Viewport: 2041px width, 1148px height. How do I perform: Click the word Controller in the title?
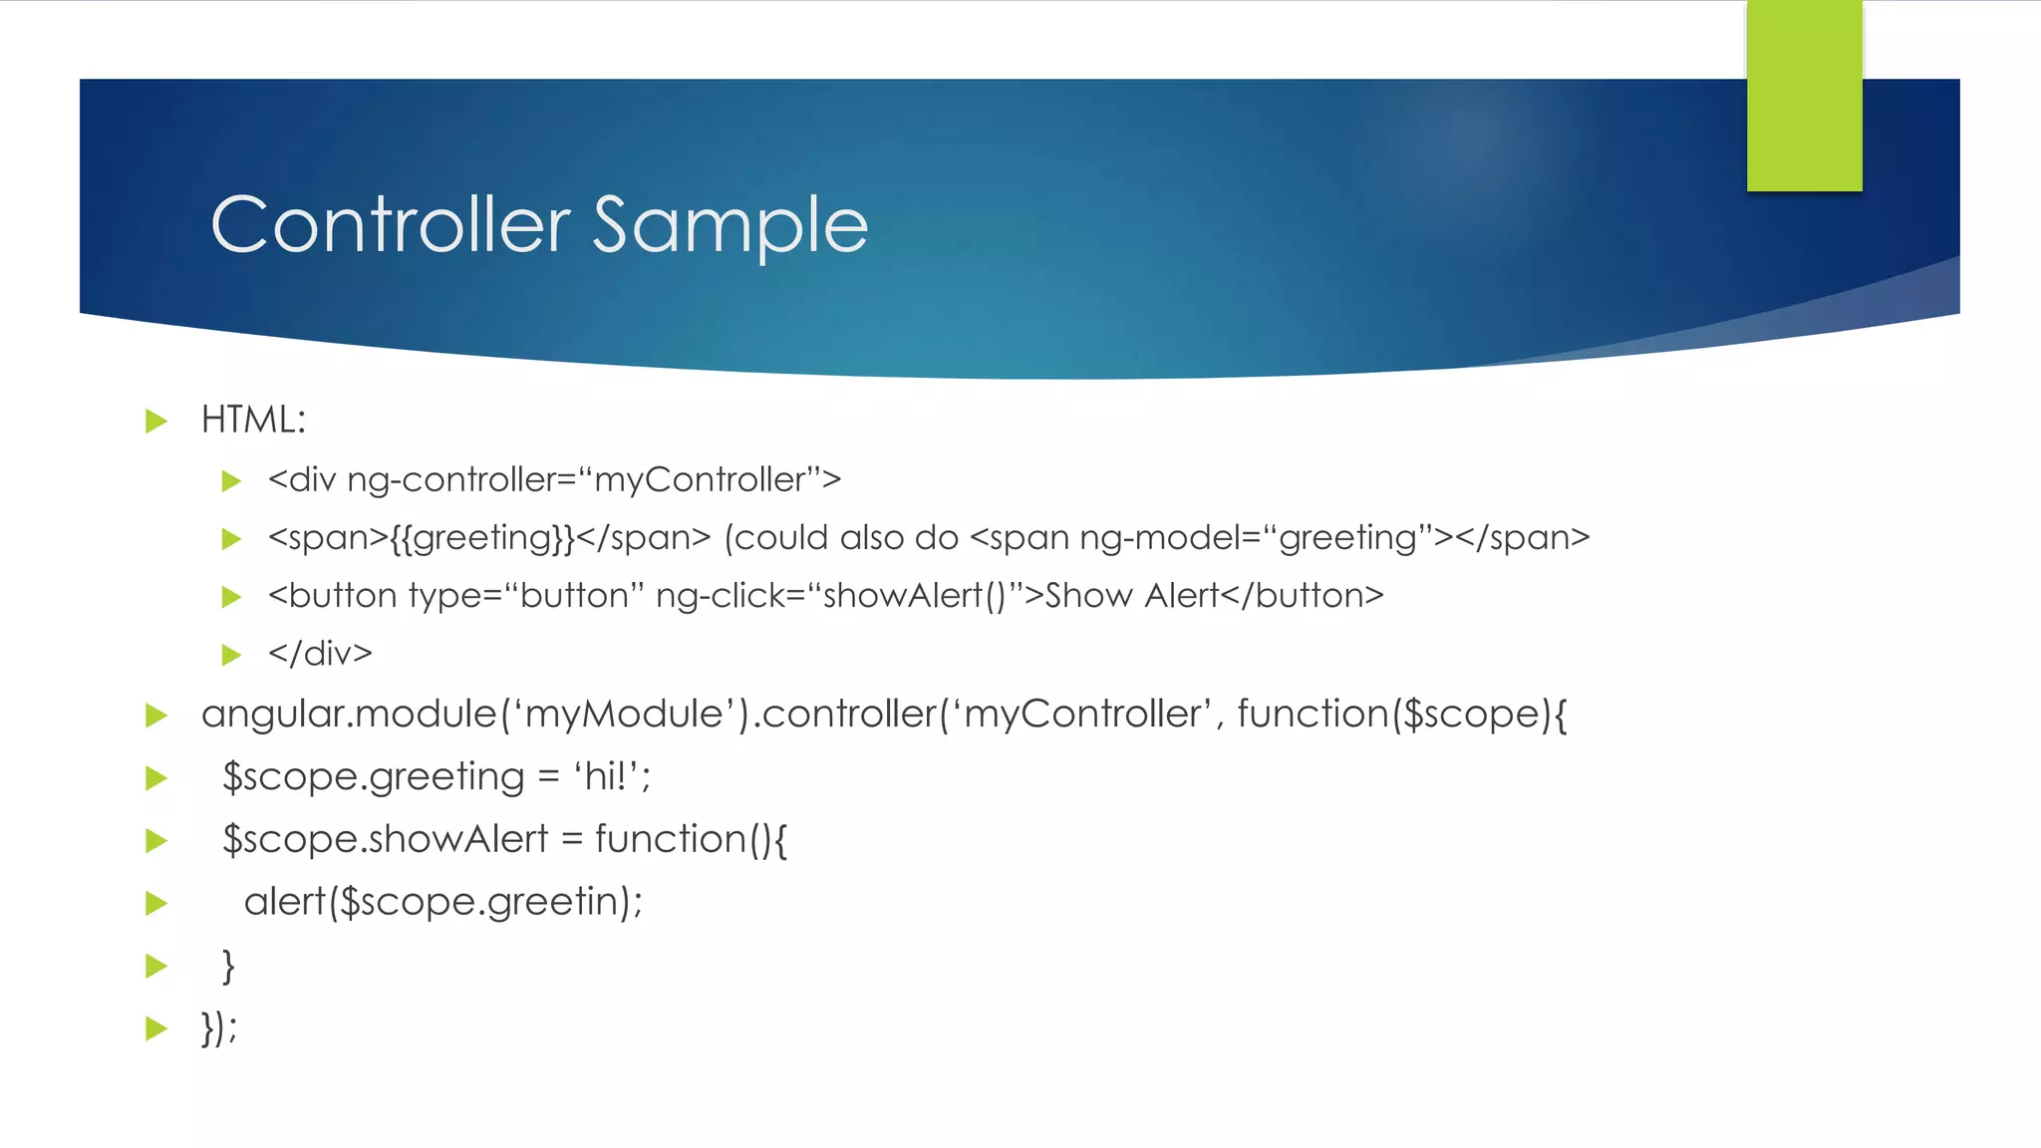tap(391, 225)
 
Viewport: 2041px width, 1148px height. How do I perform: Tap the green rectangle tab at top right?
tap(1804, 96)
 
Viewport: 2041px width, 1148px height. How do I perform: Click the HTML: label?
tap(253, 420)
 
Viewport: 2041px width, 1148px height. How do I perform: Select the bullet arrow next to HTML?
tap(156, 421)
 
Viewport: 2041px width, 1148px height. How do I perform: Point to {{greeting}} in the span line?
tap(482, 538)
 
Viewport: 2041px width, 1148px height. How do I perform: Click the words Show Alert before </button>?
tap(1131, 596)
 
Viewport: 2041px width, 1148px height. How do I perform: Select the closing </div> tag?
tap(320, 654)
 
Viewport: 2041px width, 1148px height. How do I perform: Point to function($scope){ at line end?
tap(1401, 715)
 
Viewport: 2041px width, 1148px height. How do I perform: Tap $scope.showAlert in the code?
tap(386, 839)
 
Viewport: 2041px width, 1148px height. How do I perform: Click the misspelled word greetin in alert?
tap(552, 902)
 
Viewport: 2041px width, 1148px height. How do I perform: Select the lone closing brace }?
tap(228, 965)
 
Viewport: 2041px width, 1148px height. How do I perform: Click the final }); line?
tap(219, 1027)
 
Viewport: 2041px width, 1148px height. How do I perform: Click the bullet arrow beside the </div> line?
tap(231, 655)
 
